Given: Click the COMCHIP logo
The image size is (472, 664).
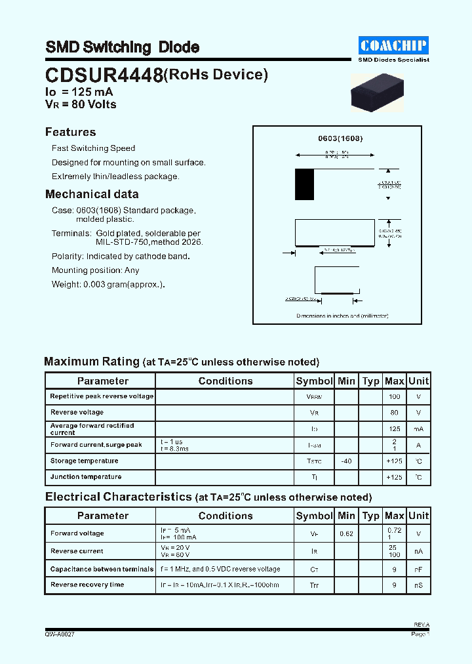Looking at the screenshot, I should click(393, 45).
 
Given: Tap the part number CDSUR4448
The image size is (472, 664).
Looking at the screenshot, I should click(104, 76).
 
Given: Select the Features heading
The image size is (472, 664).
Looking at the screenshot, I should click(70, 132).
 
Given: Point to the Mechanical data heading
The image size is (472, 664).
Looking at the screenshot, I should click(92, 194).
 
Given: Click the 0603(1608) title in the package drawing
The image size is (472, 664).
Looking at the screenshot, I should click(340, 138).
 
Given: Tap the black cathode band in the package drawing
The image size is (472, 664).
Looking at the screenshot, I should click(304, 184).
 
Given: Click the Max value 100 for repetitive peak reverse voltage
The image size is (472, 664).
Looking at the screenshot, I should click(394, 397).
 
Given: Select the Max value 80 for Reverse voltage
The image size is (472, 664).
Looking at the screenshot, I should click(394, 413).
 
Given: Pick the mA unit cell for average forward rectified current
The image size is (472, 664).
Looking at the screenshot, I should click(418, 428).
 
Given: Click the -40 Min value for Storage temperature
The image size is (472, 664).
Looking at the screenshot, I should click(346, 461).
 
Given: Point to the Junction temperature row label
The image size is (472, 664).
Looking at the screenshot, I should click(85, 477).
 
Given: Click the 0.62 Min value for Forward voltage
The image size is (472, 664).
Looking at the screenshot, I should click(346, 534).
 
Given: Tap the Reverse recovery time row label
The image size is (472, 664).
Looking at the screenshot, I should click(87, 585).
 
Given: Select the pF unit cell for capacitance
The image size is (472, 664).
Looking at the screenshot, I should click(418, 569).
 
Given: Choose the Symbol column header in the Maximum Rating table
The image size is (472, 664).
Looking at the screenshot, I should click(314, 381).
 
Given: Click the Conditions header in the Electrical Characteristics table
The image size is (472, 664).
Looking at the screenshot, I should click(225, 516).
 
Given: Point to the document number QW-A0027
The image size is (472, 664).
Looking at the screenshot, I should click(64, 634).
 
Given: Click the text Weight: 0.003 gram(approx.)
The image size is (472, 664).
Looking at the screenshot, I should click(108, 284).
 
